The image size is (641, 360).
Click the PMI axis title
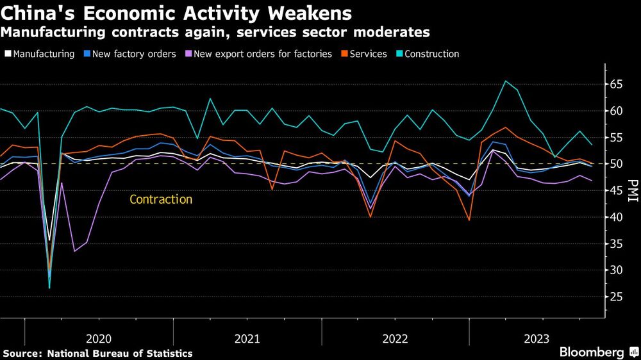pos(633,190)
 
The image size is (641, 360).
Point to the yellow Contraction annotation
pos(161,200)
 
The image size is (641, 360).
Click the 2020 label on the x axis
pos(99,338)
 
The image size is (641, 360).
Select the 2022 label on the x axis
pos(395,338)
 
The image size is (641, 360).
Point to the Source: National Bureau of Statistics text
pos(97,353)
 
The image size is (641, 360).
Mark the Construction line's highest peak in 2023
pos(505,81)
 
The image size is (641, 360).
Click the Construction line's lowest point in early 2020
pos(49,288)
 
